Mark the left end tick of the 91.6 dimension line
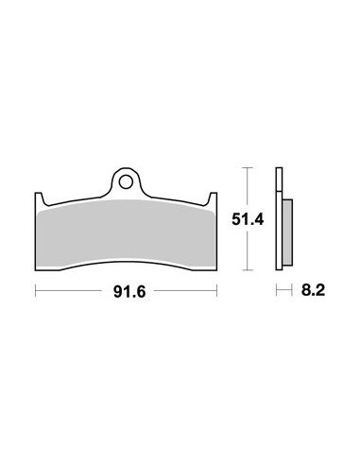(x=35, y=293)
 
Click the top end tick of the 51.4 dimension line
(x=247, y=168)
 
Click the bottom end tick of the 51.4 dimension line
(x=247, y=270)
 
